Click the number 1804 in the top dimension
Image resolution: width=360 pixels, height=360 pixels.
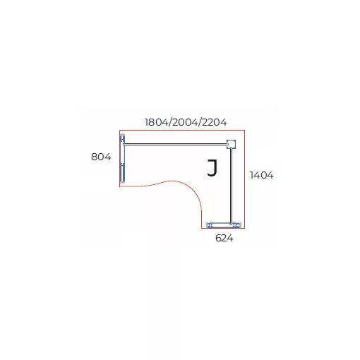157,122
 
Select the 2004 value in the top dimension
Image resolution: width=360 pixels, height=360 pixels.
185,122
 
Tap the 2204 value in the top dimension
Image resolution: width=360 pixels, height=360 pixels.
215,122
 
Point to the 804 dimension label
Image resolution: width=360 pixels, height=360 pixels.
101,157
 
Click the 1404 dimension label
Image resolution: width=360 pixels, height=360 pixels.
262,175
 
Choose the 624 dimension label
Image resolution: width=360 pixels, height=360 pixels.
224,238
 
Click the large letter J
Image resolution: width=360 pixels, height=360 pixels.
212,168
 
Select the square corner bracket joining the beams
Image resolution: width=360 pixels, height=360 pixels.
231,144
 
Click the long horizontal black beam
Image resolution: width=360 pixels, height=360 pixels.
175,144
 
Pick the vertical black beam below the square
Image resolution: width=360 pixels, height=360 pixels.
232,186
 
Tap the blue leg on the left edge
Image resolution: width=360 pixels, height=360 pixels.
123,158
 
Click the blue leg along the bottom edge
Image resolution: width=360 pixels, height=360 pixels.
224,225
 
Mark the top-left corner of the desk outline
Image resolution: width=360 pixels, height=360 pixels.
119,130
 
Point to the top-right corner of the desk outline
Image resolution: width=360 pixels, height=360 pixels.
245,130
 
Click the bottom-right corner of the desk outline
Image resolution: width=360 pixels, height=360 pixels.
245,228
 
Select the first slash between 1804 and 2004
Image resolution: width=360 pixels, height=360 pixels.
170,122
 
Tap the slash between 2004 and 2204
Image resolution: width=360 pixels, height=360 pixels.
200,122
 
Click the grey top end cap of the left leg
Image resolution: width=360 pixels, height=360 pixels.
122,135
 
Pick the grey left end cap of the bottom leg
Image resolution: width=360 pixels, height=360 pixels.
208,225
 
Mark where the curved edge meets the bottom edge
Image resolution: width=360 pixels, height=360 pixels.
201,228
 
